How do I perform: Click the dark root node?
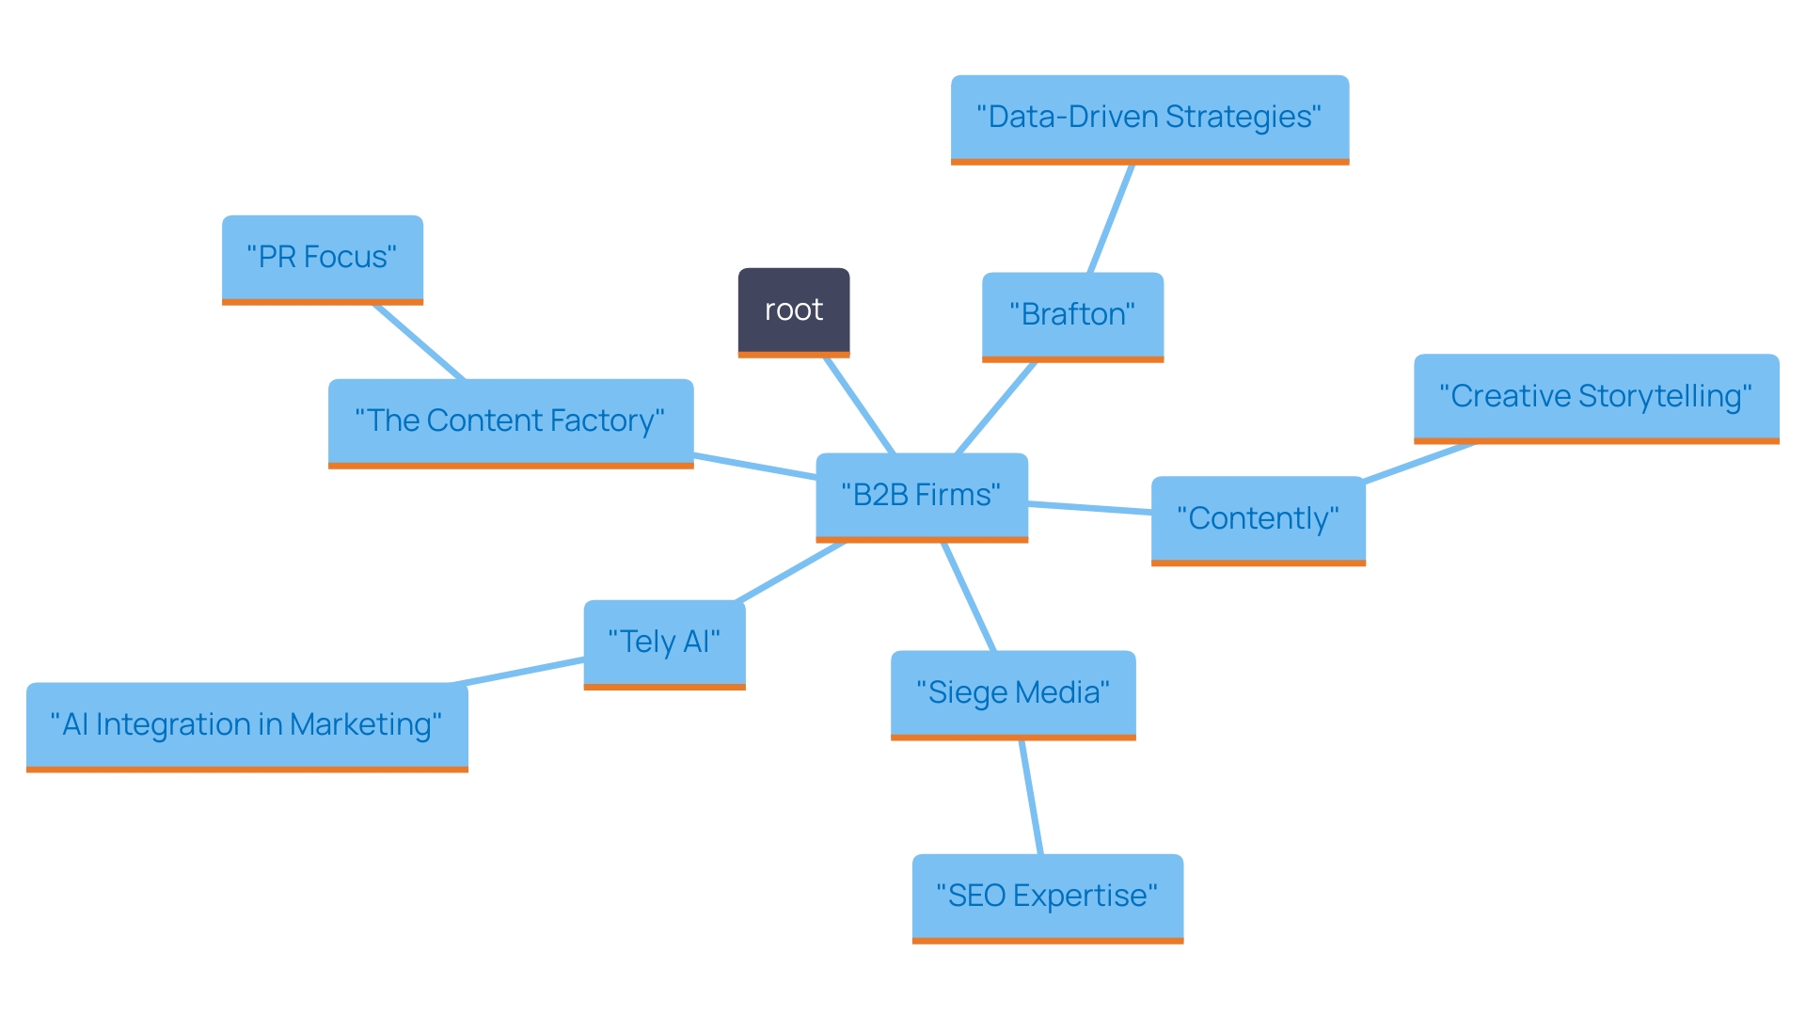click(x=793, y=310)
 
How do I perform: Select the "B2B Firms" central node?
click(x=921, y=496)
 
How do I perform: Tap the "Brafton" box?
click(x=1072, y=315)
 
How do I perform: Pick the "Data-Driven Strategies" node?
click(x=1149, y=118)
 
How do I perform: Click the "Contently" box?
click(x=1258, y=518)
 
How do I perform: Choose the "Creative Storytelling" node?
click(x=1595, y=396)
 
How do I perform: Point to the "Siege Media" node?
click(x=1013, y=693)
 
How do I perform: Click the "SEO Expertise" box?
click(x=1047, y=896)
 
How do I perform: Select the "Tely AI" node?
click(x=664, y=643)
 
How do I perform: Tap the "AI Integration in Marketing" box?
click(x=246, y=725)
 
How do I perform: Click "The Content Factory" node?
click(x=510, y=421)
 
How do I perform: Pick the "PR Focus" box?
click(x=322, y=258)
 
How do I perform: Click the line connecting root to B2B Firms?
click(x=860, y=405)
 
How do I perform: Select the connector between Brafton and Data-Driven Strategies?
click(x=1111, y=219)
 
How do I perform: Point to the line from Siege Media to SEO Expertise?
click(x=1031, y=797)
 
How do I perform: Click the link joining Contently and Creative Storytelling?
click(x=1418, y=462)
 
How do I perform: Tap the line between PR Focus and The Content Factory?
click(x=419, y=341)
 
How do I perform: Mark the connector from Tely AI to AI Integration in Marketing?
click(x=518, y=672)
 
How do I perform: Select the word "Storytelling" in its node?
click(x=1665, y=396)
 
